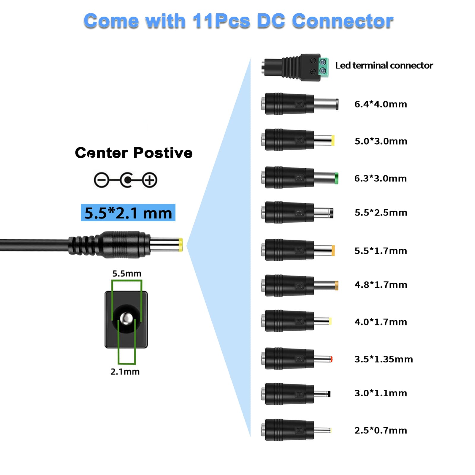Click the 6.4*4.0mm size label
pos(381,104)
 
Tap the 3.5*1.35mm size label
pos(384,359)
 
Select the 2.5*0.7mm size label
pos(381,430)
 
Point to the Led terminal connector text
pos(384,65)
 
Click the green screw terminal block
pos(323,67)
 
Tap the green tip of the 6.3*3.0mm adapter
pos(336,178)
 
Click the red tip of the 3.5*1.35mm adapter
pos(331,359)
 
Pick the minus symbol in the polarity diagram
pos(102,180)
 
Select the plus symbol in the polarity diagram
pos(149,180)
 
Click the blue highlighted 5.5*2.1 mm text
pos(128,213)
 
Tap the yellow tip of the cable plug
pos(180,245)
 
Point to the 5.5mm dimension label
pos(127,273)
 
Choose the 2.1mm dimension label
pos(125,371)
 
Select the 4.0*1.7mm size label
pos(381,322)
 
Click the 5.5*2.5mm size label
pos(381,213)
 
